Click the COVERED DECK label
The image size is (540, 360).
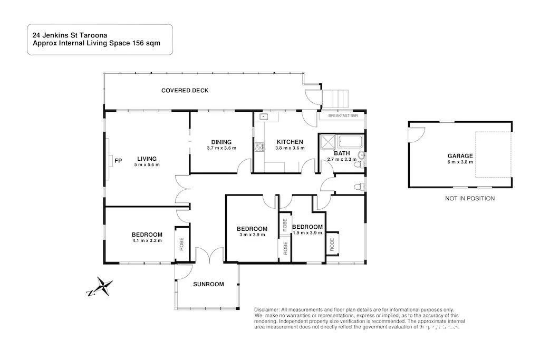tap(185, 91)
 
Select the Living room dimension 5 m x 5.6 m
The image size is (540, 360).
tap(147, 165)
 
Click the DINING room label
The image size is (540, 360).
tap(221, 142)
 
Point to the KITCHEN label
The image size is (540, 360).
tap(290, 142)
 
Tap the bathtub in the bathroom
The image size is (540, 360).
tap(351, 141)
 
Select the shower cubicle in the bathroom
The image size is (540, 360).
tap(328, 142)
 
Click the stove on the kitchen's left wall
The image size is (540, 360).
tap(258, 148)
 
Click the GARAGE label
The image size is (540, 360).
tap(460, 156)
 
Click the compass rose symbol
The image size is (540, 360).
tap(102, 288)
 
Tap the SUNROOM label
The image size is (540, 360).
tap(208, 284)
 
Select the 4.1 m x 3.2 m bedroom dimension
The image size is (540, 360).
tap(147, 241)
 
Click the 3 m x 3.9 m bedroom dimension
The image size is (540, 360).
tap(252, 235)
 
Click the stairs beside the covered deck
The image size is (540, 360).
tap(336, 99)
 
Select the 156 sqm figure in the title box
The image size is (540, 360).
tap(147, 44)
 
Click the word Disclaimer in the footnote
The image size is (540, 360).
tap(266, 310)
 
